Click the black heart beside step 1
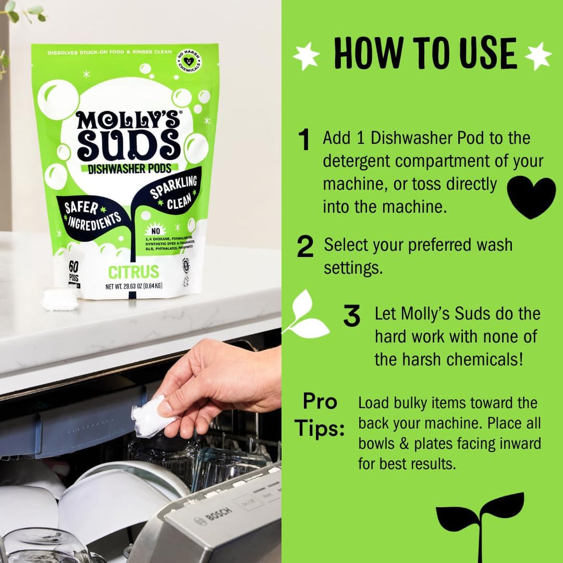[x=531, y=197]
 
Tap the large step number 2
[x=305, y=247]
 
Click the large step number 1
[x=304, y=140]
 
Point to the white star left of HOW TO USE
[x=306, y=55]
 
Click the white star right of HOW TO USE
[x=538, y=56]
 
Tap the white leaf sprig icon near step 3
[x=305, y=316]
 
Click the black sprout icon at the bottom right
[x=479, y=522]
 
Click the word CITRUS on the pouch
[x=133, y=271]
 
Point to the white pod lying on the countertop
[x=60, y=299]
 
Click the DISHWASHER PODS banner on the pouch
[x=129, y=169]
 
